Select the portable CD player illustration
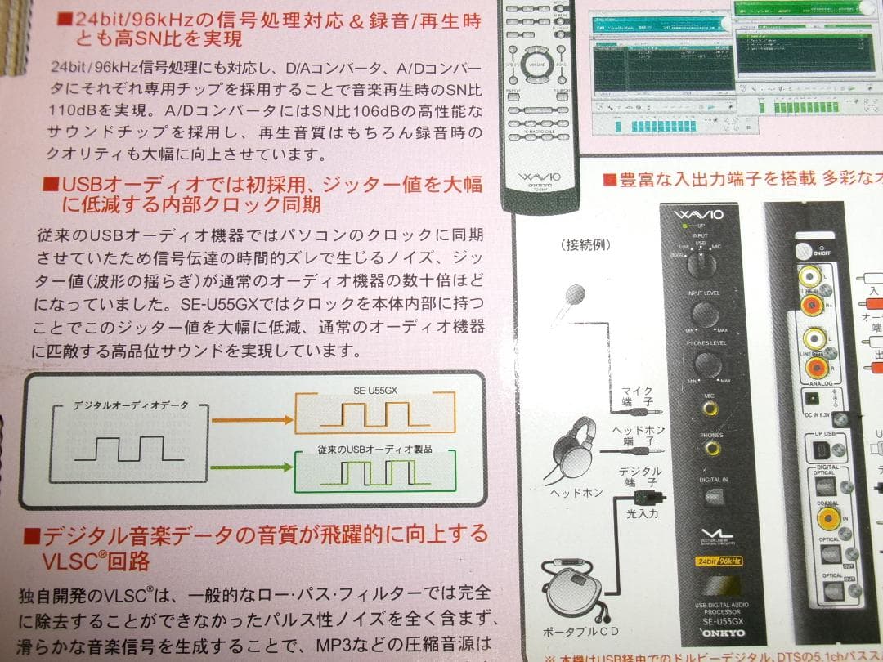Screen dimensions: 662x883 pyautogui.click(x=577, y=589)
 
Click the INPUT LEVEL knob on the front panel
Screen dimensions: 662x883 pyautogui.click(x=703, y=315)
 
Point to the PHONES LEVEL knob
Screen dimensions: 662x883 pyautogui.click(x=703, y=364)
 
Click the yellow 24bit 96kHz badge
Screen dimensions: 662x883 pyautogui.click(x=719, y=561)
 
